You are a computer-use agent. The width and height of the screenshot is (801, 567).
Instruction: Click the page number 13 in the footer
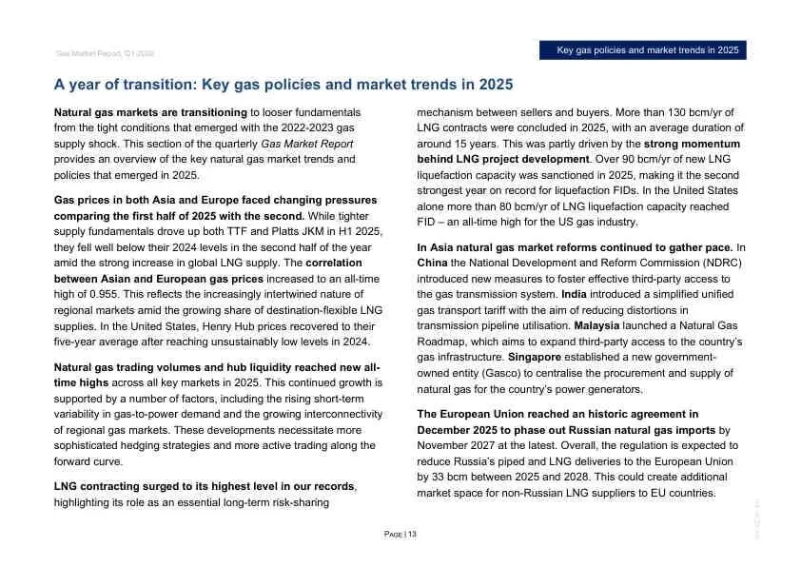(412, 535)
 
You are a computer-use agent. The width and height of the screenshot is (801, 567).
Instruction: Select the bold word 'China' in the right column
(433, 263)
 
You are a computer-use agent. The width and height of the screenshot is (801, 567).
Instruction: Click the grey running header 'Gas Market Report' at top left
(98, 53)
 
